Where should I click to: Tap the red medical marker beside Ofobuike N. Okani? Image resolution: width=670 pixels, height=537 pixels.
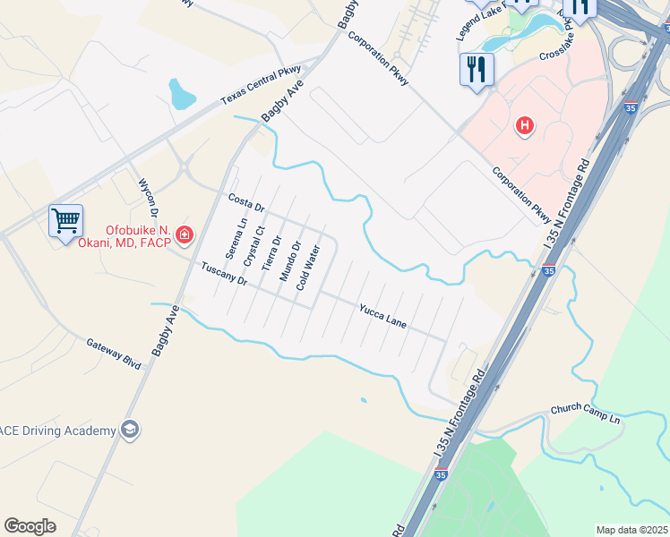click(x=185, y=235)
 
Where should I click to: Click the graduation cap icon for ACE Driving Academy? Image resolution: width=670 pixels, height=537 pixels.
click(x=130, y=430)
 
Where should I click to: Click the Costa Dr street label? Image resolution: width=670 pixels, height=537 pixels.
click(x=246, y=203)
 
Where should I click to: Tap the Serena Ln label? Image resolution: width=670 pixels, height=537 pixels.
click(x=236, y=240)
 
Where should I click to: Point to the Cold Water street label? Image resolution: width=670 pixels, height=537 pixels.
click(x=308, y=268)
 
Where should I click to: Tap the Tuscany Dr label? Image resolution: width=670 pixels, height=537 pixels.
click(x=223, y=273)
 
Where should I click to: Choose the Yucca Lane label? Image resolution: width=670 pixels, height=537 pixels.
click(x=382, y=315)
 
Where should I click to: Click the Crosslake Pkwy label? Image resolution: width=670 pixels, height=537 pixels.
click(x=567, y=52)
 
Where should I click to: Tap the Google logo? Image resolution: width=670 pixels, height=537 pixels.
click(x=30, y=525)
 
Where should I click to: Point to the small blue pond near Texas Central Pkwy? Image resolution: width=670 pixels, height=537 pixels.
click(x=181, y=93)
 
